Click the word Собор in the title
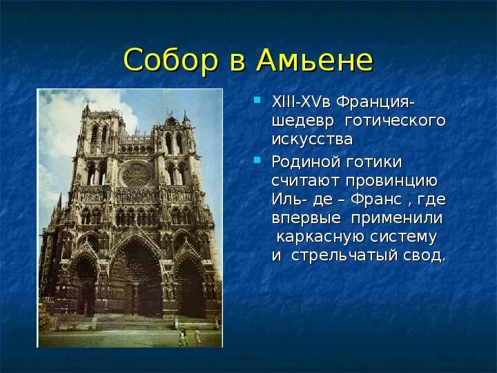pyautogui.click(x=171, y=59)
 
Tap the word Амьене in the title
pyautogui.click(x=315, y=59)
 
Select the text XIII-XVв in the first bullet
pyautogui.click(x=301, y=102)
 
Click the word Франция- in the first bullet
pyautogui.click(x=376, y=103)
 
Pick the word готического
pyautogui.click(x=395, y=121)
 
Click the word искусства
pyautogui.click(x=312, y=140)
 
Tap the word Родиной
pyautogui.click(x=305, y=162)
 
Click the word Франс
pyautogui.click(x=376, y=200)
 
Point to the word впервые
pyautogui.click(x=306, y=218)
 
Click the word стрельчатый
pyautogui.click(x=344, y=256)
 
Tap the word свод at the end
pyautogui.click(x=422, y=256)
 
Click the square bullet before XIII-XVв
pyautogui.click(x=257, y=100)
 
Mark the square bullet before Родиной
pyautogui.click(x=257, y=160)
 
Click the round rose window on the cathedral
pyautogui.click(x=137, y=175)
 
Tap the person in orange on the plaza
pyautogui.click(x=197, y=336)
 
